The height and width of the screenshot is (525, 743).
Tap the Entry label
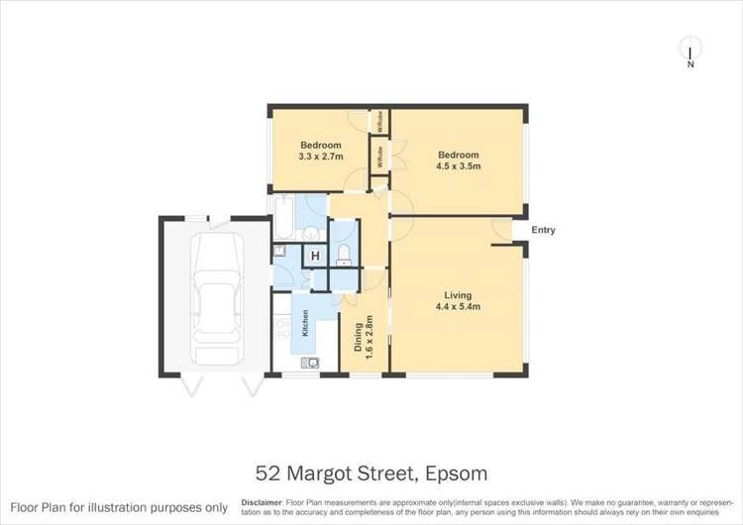point(543,231)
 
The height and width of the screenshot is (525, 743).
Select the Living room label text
point(458,295)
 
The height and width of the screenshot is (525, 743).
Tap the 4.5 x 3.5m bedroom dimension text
point(459,166)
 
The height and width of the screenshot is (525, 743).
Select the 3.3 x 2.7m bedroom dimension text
point(320,157)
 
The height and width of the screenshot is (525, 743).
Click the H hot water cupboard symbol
point(315,257)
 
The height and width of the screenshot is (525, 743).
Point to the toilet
point(343,257)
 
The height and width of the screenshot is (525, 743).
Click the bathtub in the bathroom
point(283,219)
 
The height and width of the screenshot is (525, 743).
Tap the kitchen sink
point(312,364)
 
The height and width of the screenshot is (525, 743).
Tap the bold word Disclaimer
point(261,502)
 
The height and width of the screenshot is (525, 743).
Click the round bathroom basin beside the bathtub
point(310,234)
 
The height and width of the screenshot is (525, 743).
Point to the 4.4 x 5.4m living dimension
point(458,307)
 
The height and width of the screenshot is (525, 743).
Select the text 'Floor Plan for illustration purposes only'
point(117,507)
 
